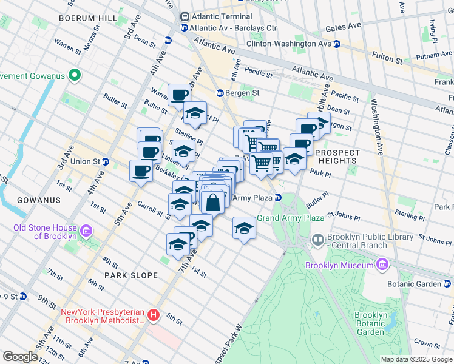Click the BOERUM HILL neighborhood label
pyautogui.click(x=87, y=18)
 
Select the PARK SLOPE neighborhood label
pyautogui.click(x=130, y=275)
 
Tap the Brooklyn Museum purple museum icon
pyautogui.click(x=382, y=265)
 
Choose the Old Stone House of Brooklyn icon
pyautogui.click(x=86, y=232)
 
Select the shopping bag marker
pyautogui.click(x=213, y=202)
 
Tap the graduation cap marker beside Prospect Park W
pyautogui.click(x=244, y=228)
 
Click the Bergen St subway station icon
pyautogui.click(x=220, y=93)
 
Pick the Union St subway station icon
pyautogui.click(x=106, y=161)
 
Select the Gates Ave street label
pyautogui.click(x=343, y=27)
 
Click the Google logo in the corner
pyautogui.click(x=20, y=357)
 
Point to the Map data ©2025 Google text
pyautogui.click(x=416, y=359)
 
